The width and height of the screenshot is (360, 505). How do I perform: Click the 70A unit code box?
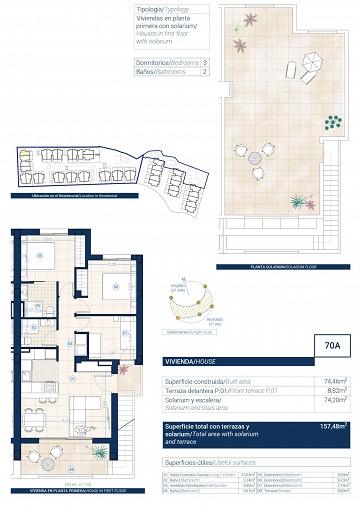click(331, 348)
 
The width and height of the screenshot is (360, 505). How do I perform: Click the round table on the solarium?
click(259, 157)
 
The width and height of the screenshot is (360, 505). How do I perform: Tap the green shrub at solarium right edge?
click(332, 123)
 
